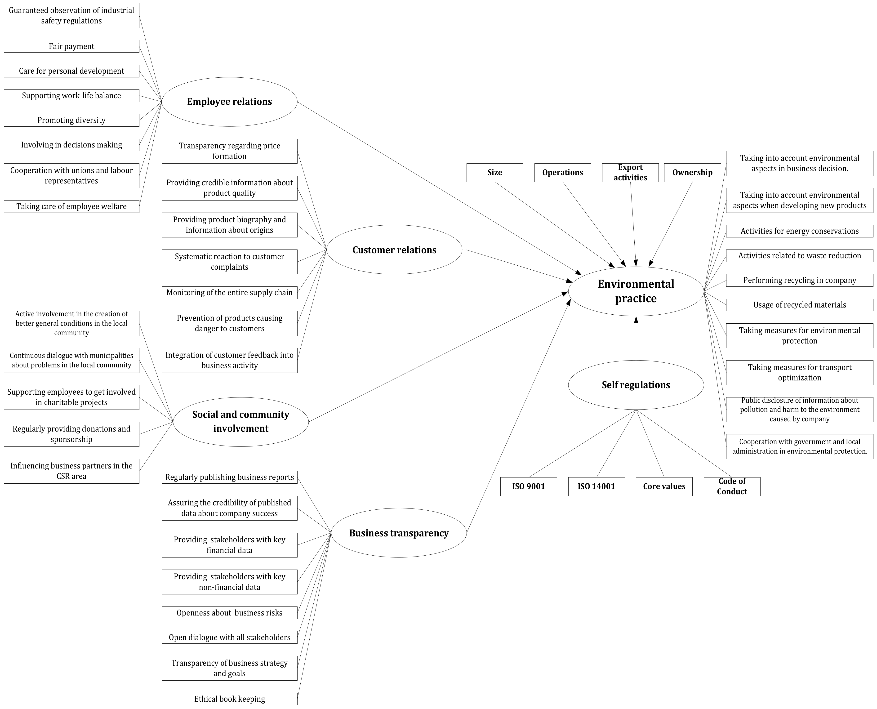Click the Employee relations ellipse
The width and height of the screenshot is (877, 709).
(x=229, y=102)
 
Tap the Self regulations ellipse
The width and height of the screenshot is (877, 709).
(x=636, y=385)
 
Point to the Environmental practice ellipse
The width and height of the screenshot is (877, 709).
(x=636, y=291)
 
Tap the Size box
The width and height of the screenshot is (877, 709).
(x=494, y=172)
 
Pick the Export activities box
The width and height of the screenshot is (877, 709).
(x=630, y=172)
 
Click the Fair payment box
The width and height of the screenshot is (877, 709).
(x=71, y=46)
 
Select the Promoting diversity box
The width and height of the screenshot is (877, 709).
(x=71, y=120)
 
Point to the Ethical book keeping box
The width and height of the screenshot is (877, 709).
(x=229, y=699)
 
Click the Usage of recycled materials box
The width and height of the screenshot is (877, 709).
(x=799, y=305)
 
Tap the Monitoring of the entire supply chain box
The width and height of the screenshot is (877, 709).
(x=229, y=292)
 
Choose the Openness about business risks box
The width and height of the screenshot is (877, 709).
(x=229, y=613)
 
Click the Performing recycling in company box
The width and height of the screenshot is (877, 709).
(x=799, y=280)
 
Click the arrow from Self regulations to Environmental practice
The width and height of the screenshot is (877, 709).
(x=636, y=339)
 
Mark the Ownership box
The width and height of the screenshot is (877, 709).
(x=692, y=172)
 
